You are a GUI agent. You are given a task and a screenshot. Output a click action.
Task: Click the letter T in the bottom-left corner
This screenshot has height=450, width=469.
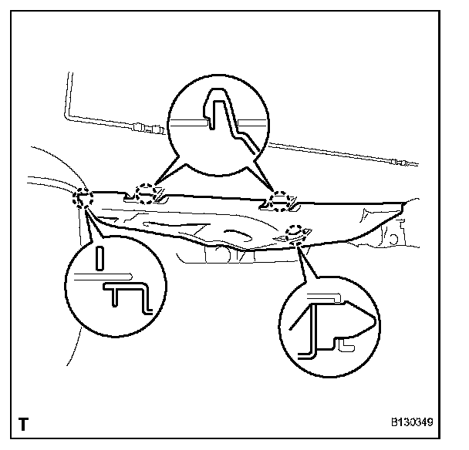pos(25,425)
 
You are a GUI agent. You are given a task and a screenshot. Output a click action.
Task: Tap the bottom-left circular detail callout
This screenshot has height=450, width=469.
pos(115,284)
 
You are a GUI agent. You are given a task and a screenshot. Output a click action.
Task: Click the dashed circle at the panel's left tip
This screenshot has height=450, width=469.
pos(83,199)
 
